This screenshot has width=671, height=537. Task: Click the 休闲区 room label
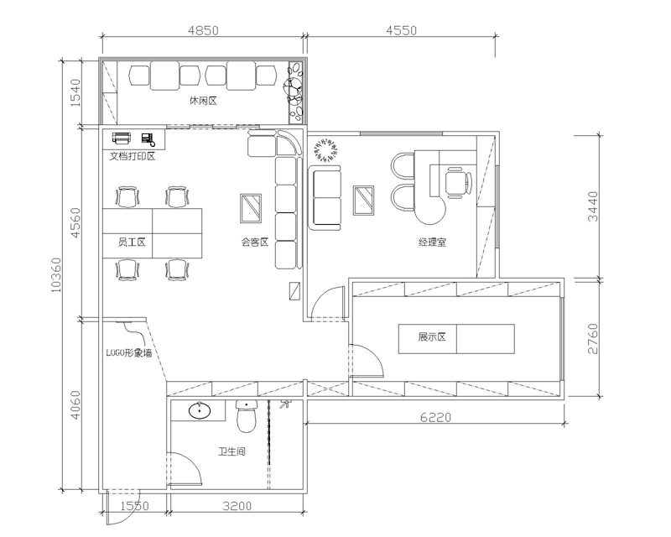203,101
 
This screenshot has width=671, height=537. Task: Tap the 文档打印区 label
133,156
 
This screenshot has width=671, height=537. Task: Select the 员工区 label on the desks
132,242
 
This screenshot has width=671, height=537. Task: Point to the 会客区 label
255,242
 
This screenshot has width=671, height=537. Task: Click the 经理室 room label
432,242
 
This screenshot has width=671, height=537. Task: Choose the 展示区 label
432,337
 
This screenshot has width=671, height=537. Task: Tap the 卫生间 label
231,451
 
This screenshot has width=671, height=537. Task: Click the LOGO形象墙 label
129,353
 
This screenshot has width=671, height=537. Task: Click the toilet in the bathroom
247,417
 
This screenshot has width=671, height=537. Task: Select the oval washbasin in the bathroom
200,411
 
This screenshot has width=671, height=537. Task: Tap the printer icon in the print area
122,138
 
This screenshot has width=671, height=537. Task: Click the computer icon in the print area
148,138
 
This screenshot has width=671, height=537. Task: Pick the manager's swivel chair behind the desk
457,183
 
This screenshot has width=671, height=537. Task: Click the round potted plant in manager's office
326,149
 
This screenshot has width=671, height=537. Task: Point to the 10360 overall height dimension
56,274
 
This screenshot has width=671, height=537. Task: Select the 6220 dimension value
435,417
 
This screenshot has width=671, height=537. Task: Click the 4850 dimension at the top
203,30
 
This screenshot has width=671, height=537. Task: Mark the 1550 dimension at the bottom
134,506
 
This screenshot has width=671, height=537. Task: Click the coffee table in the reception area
251,209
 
